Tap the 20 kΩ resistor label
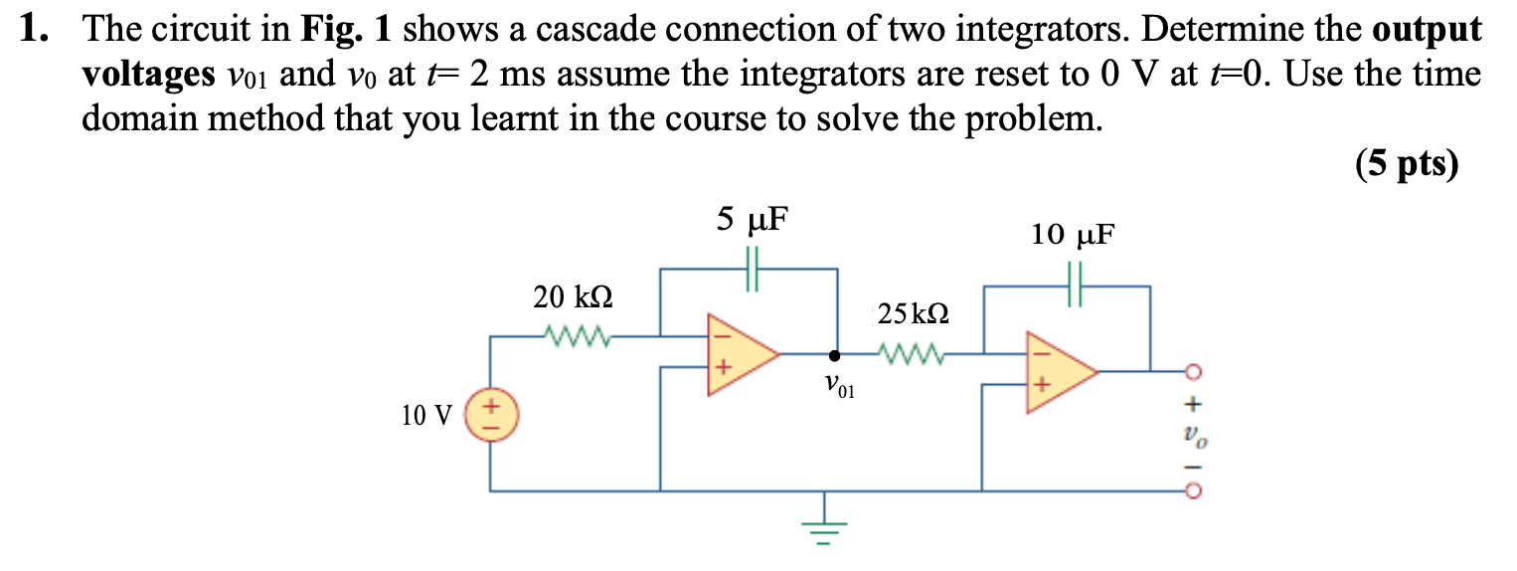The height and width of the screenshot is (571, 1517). [573, 296]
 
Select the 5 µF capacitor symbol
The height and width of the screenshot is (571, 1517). [753, 269]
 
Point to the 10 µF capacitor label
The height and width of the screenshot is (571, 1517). [1073, 235]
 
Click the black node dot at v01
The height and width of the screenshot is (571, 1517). [835, 354]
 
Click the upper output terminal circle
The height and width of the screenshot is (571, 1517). [1194, 372]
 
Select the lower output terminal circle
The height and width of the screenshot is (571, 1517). [1194, 490]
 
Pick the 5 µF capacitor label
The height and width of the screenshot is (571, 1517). [753, 218]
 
